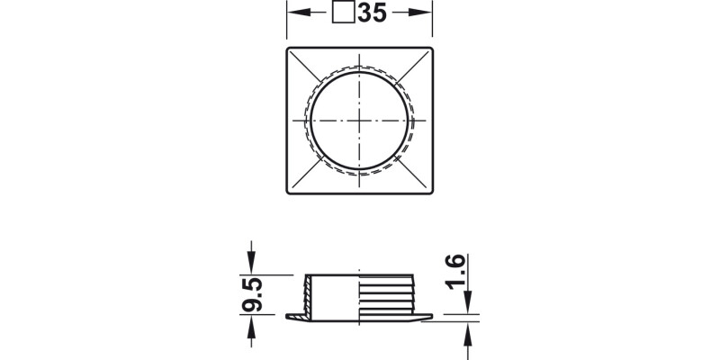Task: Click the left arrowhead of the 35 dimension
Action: pos(293,13)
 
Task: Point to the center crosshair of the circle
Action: pos(359,120)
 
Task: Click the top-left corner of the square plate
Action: pos(288,48)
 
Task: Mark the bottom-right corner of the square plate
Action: pos(432,192)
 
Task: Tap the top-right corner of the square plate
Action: pos(432,48)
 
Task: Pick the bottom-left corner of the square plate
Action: pos(288,192)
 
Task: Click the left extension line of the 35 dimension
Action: pos(287,22)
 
